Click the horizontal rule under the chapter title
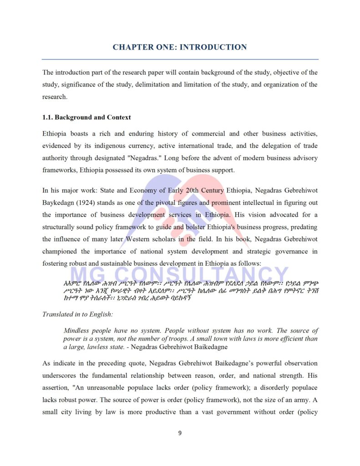(x=180, y=59)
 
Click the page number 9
(x=180, y=433)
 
